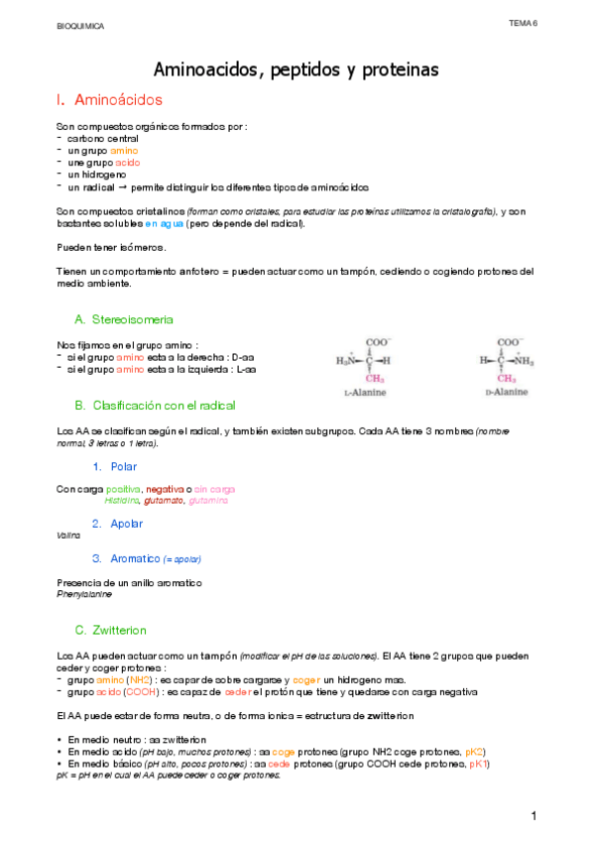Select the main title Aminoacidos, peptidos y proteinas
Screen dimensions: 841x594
[297, 70]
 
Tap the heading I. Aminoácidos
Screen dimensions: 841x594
[110, 100]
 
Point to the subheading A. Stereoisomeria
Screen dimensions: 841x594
[124, 319]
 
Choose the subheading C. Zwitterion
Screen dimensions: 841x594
[117, 631]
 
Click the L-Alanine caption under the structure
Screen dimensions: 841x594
[364, 393]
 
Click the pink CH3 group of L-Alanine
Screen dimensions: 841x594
[375, 377]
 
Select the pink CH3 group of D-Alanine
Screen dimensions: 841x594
[507, 377]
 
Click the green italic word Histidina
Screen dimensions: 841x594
[121, 501]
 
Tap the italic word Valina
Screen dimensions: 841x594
[68, 535]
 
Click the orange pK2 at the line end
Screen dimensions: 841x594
[475, 753]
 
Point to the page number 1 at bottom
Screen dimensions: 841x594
[534, 815]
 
